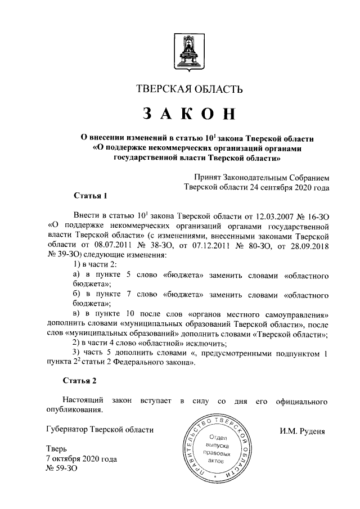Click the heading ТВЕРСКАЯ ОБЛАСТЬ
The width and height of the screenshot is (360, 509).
(x=190, y=89)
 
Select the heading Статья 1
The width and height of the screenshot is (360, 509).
(x=89, y=196)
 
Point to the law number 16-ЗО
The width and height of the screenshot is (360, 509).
(x=317, y=215)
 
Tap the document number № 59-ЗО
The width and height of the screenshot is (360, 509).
(x=60, y=469)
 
